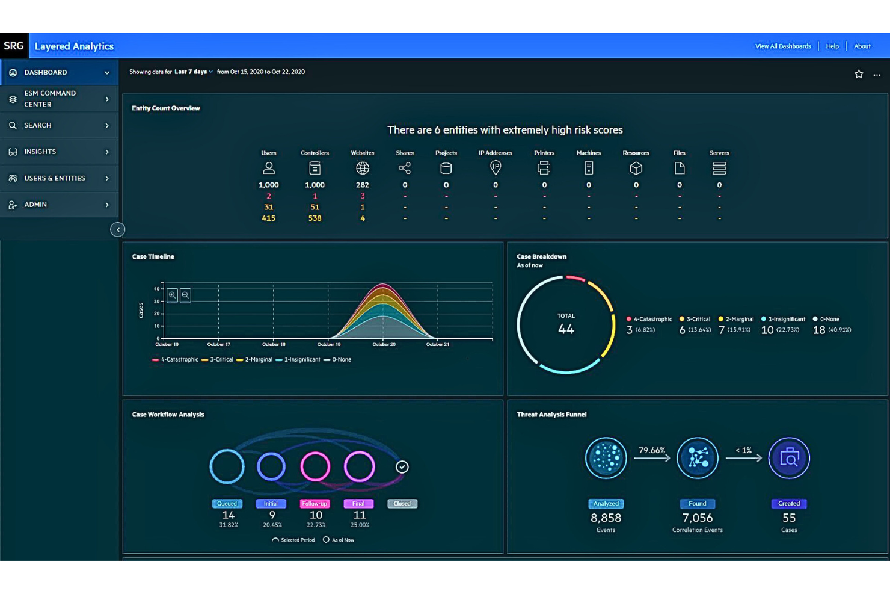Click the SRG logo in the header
pyautogui.click(x=14, y=46)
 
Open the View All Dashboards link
pyautogui.click(x=782, y=46)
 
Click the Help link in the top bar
pyautogui.click(x=832, y=46)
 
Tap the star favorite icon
pyautogui.click(x=858, y=74)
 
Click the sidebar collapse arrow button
pyautogui.click(x=117, y=229)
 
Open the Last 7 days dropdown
pyautogui.click(x=193, y=72)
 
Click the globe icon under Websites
pyautogui.click(x=362, y=169)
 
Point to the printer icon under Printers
pyautogui.click(x=544, y=169)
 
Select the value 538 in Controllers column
pyautogui.click(x=315, y=218)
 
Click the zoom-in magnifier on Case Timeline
pyautogui.click(x=173, y=295)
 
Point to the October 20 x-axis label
pyautogui.click(x=384, y=344)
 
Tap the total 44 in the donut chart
pyautogui.click(x=566, y=329)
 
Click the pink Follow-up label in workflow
pyautogui.click(x=315, y=504)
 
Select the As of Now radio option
pyautogui.click(x=326, y=540)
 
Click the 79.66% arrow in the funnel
pyautogui.click(x=652, y=457)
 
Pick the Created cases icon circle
pyautogui.click(x=788, y=458)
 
